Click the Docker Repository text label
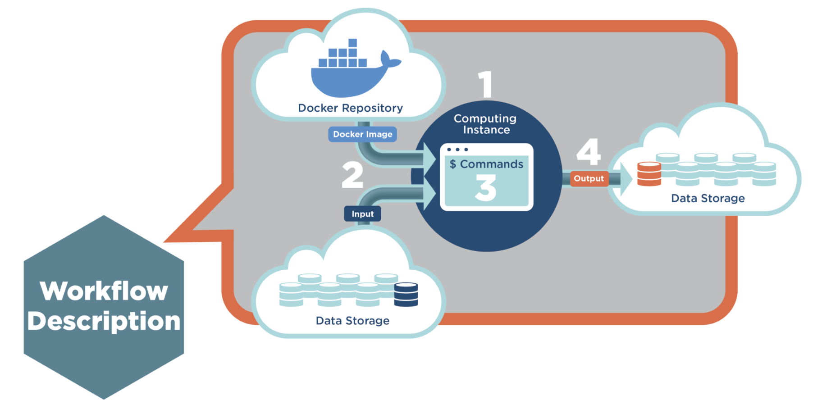pyautogui.click(x=350, y=108)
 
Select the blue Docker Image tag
pyautogui.click(x=362, y=134)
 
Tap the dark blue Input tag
pyautogui.click(x=362, y=214)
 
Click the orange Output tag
pyautogui.click(x=589, y=178)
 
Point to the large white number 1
pyautogui.click(x=485, y=84)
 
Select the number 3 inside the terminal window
pyautogui.click(x=486, y=188)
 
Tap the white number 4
pyautogui.click(x=589, y=152)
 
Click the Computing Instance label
pyautogui.click(x=485, y=124)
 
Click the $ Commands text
pyautogui.click(x=486, y=164)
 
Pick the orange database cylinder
pyautogui.click(x=649, y=174)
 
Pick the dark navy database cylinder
pyautogui.click(x=406, y=295)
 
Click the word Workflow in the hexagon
pyautogui.click(x=104, y=291)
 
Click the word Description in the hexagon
pyautogui.click(x=104, y=321)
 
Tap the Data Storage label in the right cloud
pyautogui.click(x=708, y=198)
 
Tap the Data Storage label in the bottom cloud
pyautogui.click(x=352, y=321)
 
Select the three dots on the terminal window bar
pyautogui.click(x=457, y=150)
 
